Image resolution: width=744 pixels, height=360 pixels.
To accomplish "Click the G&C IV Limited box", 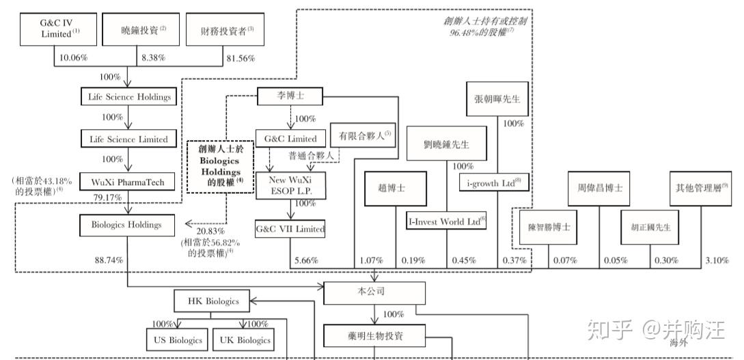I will [x=55, y=29].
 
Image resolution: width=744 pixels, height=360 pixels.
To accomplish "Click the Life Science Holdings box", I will [x=128, y=97].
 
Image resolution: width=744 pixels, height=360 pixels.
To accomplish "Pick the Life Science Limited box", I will [x=128, y=139].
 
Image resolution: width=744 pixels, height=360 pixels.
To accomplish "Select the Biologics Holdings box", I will [x=126, y=225].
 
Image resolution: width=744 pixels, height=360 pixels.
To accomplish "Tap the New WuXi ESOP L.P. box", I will [x=290, y=185].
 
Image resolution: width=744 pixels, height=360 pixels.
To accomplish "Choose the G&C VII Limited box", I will [x=290, y=229].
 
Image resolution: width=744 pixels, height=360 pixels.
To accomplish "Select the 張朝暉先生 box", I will [x=497, y=98].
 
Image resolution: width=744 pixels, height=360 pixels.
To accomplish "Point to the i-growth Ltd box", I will [x=493, y=182].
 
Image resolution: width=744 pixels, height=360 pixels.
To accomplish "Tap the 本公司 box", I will [x=374, y=292].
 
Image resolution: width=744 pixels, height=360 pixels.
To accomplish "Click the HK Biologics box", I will [x=213, y=301].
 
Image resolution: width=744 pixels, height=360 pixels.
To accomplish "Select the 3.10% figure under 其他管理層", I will [x=715, y=260].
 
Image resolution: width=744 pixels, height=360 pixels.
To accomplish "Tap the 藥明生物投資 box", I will [x=374, y=335].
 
